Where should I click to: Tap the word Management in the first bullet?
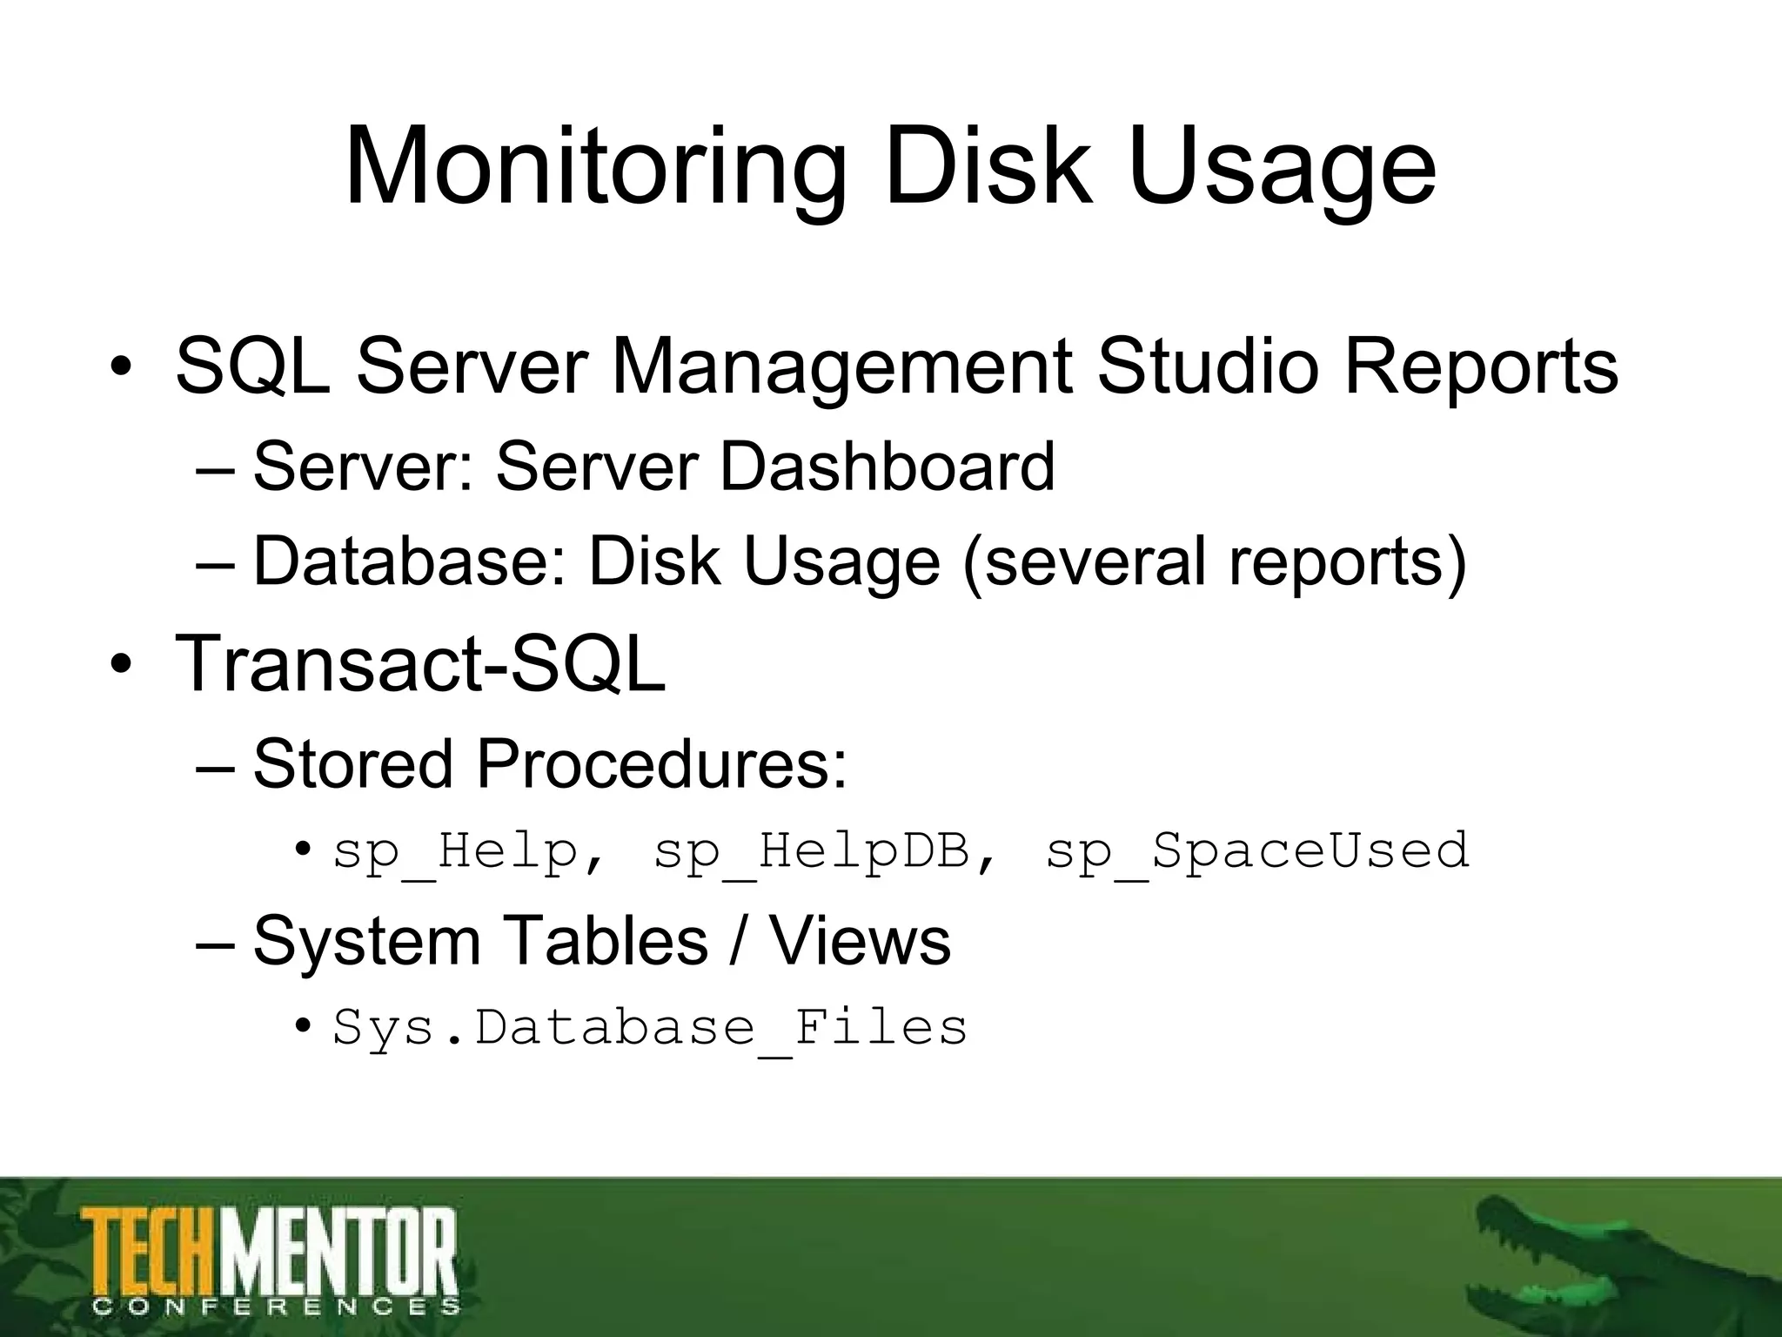pos(841,366)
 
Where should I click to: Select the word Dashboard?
pos(888,467)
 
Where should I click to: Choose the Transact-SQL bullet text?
pos(420,663)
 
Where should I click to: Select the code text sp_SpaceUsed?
pos(1257,851)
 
